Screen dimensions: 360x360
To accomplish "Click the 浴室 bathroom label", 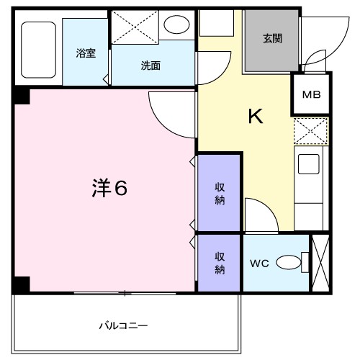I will click(x=85, y=53).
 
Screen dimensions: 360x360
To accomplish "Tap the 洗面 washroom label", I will click(x=150, y=66).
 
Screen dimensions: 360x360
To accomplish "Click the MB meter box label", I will click(x=311, y=94).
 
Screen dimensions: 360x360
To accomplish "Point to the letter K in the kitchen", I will click(x=255, y=115).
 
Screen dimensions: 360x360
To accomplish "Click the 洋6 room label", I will click(x=109, y=189).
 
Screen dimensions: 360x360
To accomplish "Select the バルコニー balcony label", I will click(x=123, y=325).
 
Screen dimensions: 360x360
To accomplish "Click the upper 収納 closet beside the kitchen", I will click(x=220, y=193).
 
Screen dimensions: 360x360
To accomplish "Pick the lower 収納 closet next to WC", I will click(x=220, y=263).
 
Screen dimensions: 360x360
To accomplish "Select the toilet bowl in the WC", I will click(x=289, y=264).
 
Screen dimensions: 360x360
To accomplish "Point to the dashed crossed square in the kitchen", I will click(x=310, y=132).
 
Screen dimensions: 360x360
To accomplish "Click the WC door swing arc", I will click(x=259, y=215).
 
